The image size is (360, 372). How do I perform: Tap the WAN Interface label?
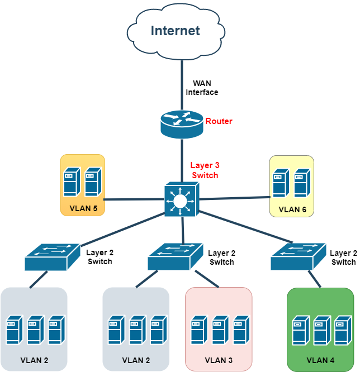(x=202, y=88)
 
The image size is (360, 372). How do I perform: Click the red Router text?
(x=219, y=121)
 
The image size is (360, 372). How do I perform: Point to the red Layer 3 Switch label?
(x=205, y=170)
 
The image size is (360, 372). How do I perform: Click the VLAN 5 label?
(x=83, y=209)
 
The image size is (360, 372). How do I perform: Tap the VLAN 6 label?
(x=292, y=209)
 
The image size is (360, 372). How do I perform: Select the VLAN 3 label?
(x=219, y=360)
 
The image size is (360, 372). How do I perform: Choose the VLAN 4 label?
(x=321, y=360)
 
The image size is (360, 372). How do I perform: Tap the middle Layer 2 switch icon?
(x=176, y=257)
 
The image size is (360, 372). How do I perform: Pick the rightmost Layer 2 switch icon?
(x=299, y=257)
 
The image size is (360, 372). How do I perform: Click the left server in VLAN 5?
(x=72, y=182)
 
